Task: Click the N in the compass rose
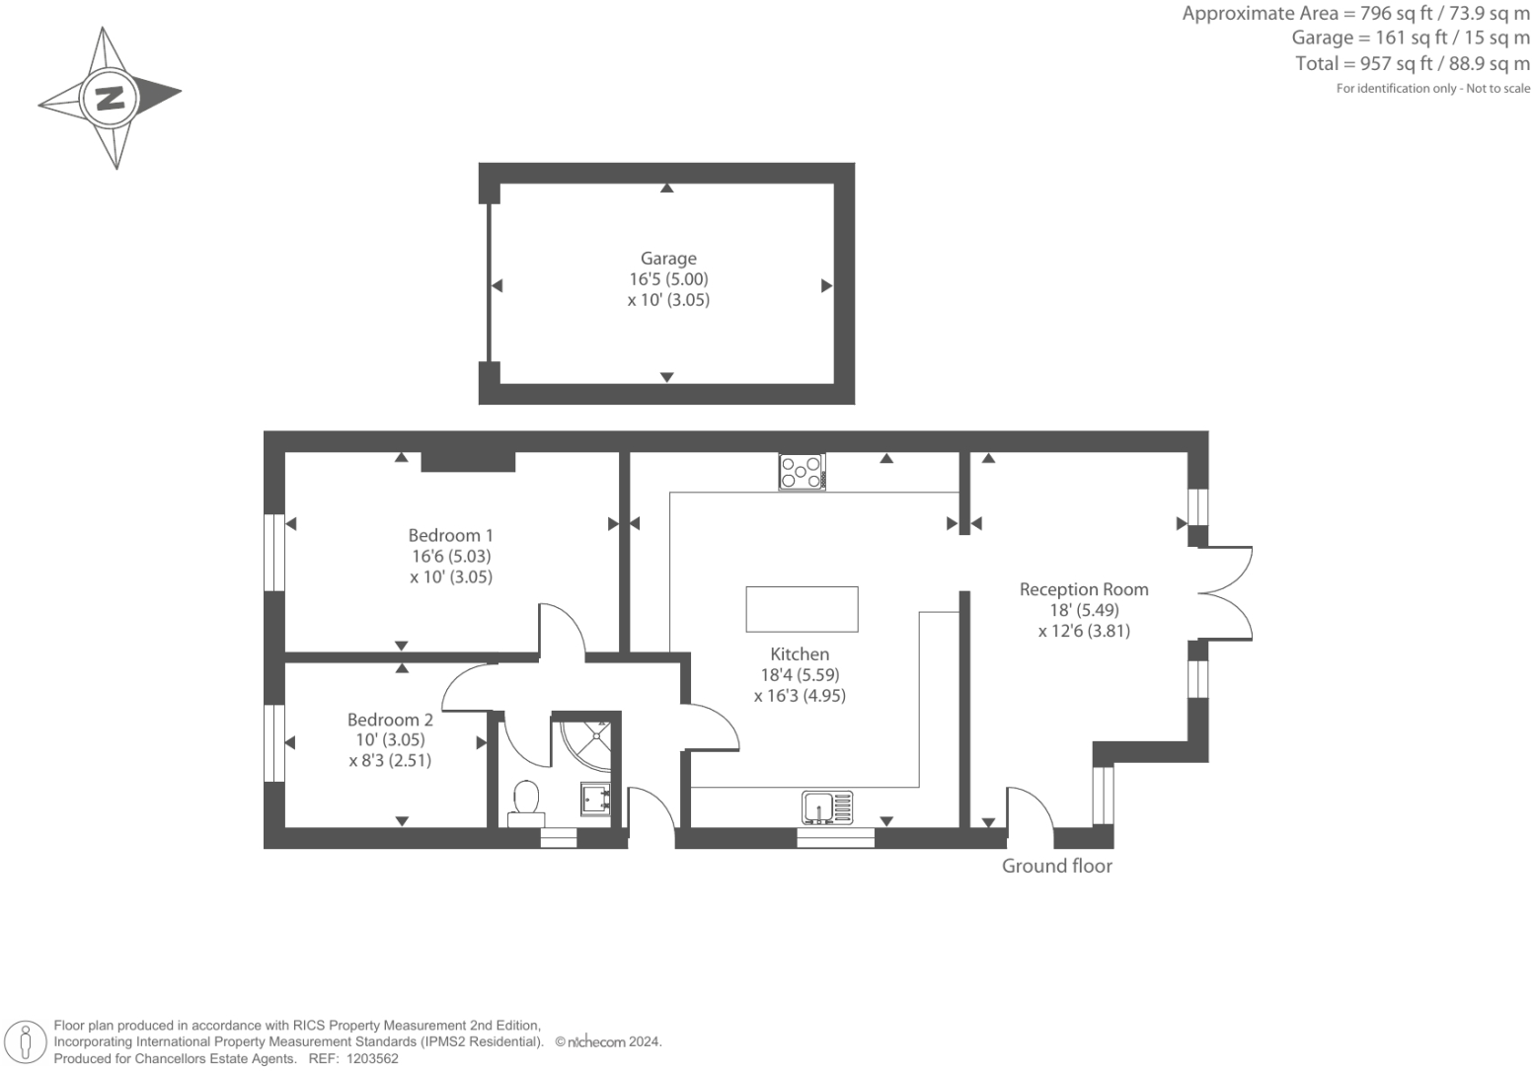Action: click(110, 98)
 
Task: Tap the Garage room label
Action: click(668, 259)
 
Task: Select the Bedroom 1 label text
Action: click(450, 535)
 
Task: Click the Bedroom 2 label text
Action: click(390, 720)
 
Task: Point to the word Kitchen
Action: click(800, 653)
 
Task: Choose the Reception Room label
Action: click(1084, 589)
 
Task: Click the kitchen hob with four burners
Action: click(802, 471)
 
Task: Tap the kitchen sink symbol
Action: click(827, 806)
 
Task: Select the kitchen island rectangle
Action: click(802, 609)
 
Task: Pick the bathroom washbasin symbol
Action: click(596, 798)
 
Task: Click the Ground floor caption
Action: click(1056, 866)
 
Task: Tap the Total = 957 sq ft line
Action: click(1412, 64)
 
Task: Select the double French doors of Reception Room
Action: click(1226, 593)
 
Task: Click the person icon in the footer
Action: click(26, 1041)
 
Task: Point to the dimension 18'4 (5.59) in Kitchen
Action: click(800, 675)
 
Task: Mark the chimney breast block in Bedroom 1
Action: click(468, 461)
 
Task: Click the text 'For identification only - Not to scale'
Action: click(1432, 89)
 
